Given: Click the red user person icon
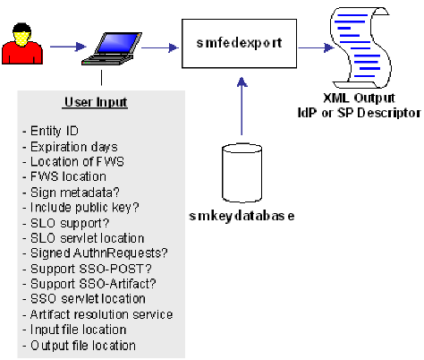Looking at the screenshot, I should coord(21,44).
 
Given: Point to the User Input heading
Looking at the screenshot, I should coord(95,102).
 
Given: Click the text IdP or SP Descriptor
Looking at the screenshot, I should coord(368,113).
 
